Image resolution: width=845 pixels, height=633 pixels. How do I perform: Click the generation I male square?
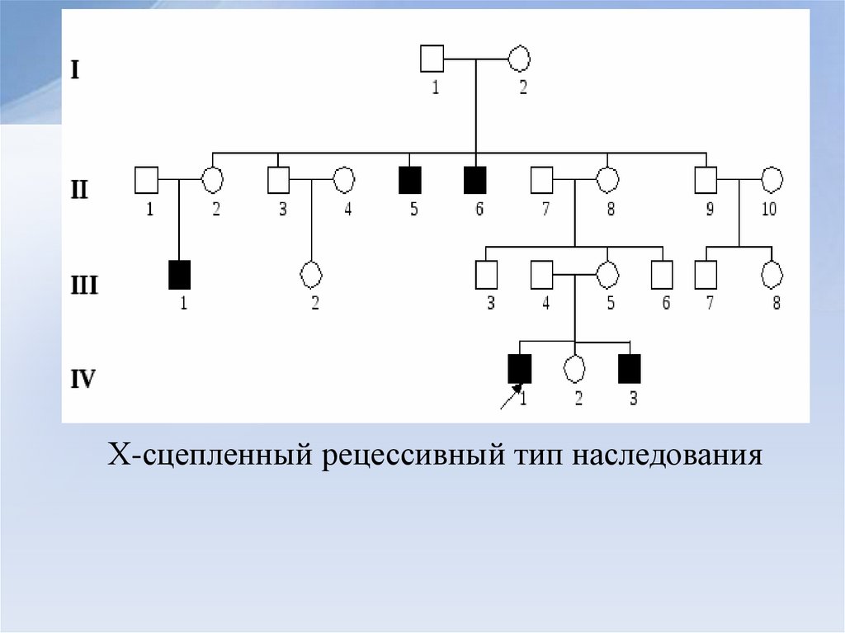pyautogui.click(x=432, y=59)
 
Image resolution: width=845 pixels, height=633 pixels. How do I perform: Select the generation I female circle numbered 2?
pyautogui.click(x=519, y=59)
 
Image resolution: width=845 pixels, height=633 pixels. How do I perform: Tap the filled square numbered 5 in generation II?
pyautogui.click(x=410, y=179)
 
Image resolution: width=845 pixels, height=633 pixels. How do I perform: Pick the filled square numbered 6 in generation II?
pyautogui.click(x=474, y=179)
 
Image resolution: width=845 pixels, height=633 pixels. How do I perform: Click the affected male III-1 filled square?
pyautogui.click(x=179, y=274)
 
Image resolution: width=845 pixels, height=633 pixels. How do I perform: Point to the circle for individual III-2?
pyautogui.click(x=311, y=273)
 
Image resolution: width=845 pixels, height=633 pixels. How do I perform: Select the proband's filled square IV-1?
pyautogui.click(x=520, y=368)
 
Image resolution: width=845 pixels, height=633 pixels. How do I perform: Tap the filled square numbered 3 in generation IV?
pyautogui.click(x=630, y=368)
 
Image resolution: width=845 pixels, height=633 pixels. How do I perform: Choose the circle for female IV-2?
pyautogui.click(x=574, y=368)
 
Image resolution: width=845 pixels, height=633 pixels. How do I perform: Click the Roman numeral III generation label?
pyautogui.click(x=83, y=286)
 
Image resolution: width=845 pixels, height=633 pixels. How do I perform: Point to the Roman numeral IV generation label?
pyautogui.click(x=83, y=380)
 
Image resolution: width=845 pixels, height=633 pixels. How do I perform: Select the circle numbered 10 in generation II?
pyautogui.click(x=772, y=179)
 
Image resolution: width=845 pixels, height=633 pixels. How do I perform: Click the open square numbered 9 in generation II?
pyautogui.click(x=706, y=179)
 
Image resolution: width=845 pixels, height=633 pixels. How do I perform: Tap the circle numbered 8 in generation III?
pyautogui.click(x=772, y=273)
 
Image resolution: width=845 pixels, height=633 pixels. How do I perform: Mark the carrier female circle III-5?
pyautogui.click(x=607, y=273)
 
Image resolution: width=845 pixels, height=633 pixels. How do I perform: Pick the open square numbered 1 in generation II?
pyautogui.click(x=146, y=179)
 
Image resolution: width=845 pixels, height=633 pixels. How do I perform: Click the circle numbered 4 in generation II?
pyautogui.click(x=343, y=179)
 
